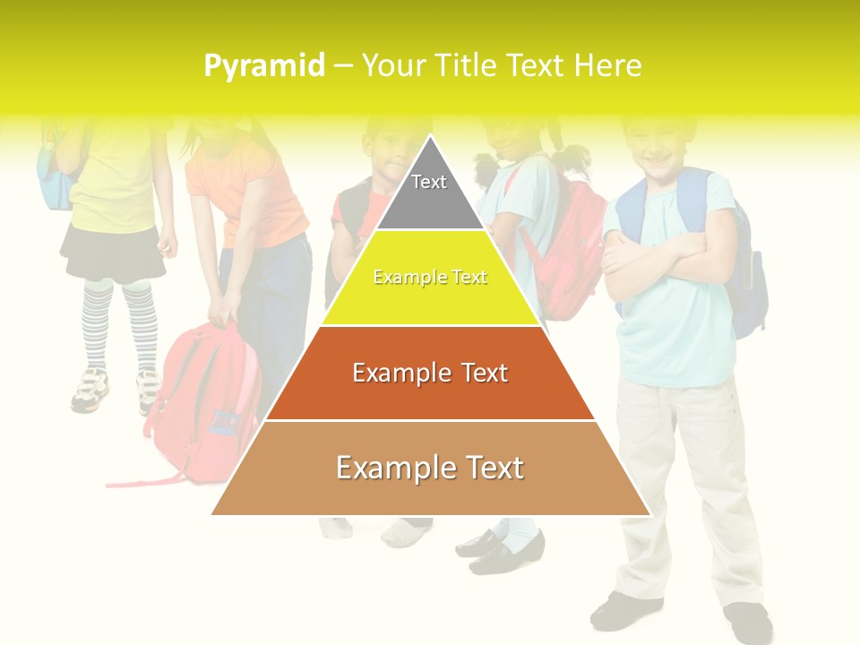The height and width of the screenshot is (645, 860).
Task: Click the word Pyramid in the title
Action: [x=263, y=66]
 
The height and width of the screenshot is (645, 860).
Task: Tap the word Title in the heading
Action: [x=467, y=65]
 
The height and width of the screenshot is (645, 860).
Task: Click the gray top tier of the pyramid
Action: [x=430, y=193]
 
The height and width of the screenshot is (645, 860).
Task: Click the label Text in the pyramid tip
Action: [x=429, y=182]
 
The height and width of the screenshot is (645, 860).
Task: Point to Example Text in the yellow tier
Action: [x=430, y=278]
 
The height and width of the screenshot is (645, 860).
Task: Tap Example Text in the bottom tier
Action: [x=430, y=468]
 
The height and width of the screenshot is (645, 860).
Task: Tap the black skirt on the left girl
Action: [x=113, y=253]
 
